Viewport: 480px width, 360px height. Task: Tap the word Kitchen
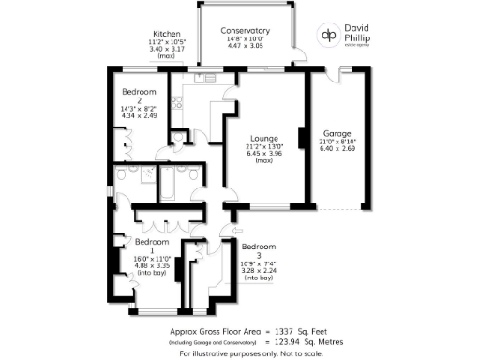tap(168, 33)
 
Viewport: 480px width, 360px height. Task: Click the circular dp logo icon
tap(329, 35)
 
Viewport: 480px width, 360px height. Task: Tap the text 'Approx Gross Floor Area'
tap(215, 331)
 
